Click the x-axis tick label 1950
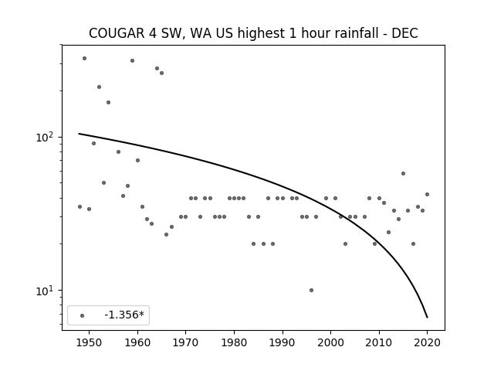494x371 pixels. pos(89,342)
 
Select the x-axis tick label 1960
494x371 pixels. pos(137,342)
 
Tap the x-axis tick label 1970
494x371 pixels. pos(185,342)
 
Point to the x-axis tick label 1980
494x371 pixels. pos(234,342)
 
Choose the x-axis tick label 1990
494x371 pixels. pos(283,342)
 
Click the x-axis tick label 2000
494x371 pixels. pos(330,342)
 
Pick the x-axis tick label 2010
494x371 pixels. pos(379,342)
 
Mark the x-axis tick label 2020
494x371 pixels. pos(427,342)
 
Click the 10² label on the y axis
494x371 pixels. pos(46,138)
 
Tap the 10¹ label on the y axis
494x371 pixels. pos(46,291)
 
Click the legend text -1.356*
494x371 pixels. pos(124,315)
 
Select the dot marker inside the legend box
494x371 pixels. pos(83,315)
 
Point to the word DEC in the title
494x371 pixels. pos(404,33)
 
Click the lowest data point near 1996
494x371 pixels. pos(311,291)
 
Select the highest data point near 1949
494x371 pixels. pos(84,59)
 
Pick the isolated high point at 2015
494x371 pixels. pos(403,173)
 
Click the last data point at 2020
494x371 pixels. pos(427,194)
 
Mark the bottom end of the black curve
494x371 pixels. pos(427,318)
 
